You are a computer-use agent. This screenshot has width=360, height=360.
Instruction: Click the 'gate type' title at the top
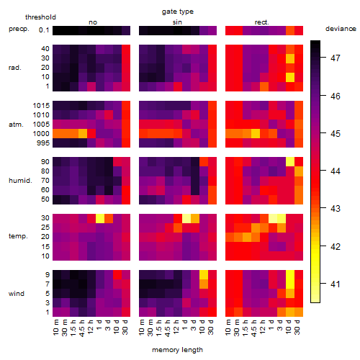click(178, 12)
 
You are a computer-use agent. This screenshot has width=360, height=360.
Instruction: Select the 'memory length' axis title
click(177, 350)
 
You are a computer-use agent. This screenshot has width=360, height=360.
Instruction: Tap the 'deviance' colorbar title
click(341, 29)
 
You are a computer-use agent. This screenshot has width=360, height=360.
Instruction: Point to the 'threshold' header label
click(40, 17)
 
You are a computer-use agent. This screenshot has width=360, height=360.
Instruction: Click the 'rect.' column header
click(261, 22)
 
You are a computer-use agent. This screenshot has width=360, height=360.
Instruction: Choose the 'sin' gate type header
click(177, 22)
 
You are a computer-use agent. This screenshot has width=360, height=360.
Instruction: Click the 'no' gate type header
click(93, 22)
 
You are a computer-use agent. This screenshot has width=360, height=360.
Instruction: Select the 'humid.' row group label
click(20, 181)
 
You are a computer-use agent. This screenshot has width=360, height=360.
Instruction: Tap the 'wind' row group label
click(17, 294)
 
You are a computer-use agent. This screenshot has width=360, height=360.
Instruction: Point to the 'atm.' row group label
click(16, 125)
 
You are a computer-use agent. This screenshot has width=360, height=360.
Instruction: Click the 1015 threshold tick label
click(41, 106)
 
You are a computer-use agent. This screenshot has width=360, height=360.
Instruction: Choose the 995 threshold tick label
click(43, 143)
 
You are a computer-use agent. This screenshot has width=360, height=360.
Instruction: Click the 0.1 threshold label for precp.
click(44, 30)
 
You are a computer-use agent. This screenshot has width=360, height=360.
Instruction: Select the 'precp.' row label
click(19, 29)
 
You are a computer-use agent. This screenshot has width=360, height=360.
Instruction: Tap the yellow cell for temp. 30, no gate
click(100, 218)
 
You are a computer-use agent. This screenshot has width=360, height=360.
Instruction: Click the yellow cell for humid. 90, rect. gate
click(290, 162)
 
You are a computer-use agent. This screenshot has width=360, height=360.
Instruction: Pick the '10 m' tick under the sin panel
click(142, 327)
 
